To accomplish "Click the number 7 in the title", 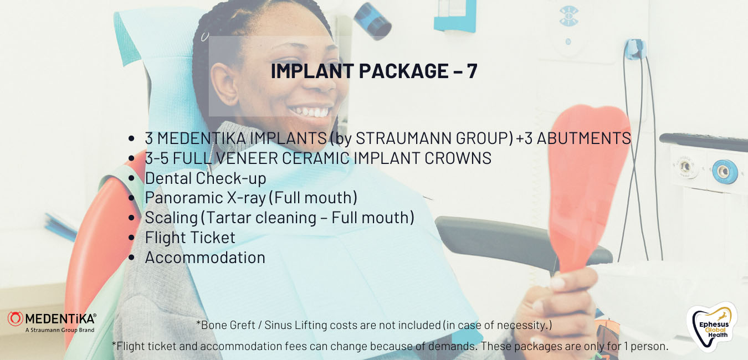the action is (472, 71).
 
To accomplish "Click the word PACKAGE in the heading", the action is (403, 71).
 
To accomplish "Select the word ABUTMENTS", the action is (584, 138).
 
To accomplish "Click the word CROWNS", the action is (458, 158).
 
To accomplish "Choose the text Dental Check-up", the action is (206, 178).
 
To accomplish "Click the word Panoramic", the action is (184, 198).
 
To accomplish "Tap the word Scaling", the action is (171, 218).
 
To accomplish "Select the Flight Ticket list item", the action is (190, 238).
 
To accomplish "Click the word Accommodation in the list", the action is (205, 258).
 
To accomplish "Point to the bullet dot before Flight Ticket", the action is (131, 238).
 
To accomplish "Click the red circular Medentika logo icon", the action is (16, 318).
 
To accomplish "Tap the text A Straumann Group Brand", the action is (60, 330).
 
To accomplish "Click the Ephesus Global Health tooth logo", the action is (712, 327).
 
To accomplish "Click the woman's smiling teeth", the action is (310, 112).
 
